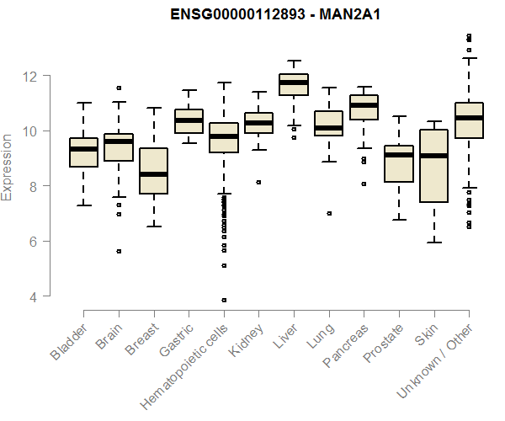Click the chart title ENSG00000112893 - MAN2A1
(x=263, y=15)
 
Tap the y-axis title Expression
(x=8, y=165)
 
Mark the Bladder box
(x=83, y=152)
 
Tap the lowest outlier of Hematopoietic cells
(x=224, y=300)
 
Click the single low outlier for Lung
(x=329, y=213)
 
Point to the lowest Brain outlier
(x=119, y=251)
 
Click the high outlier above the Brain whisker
(x=119, y=88)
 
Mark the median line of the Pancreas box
(x=364, y=105)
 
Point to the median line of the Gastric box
(x=189, y=120)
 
